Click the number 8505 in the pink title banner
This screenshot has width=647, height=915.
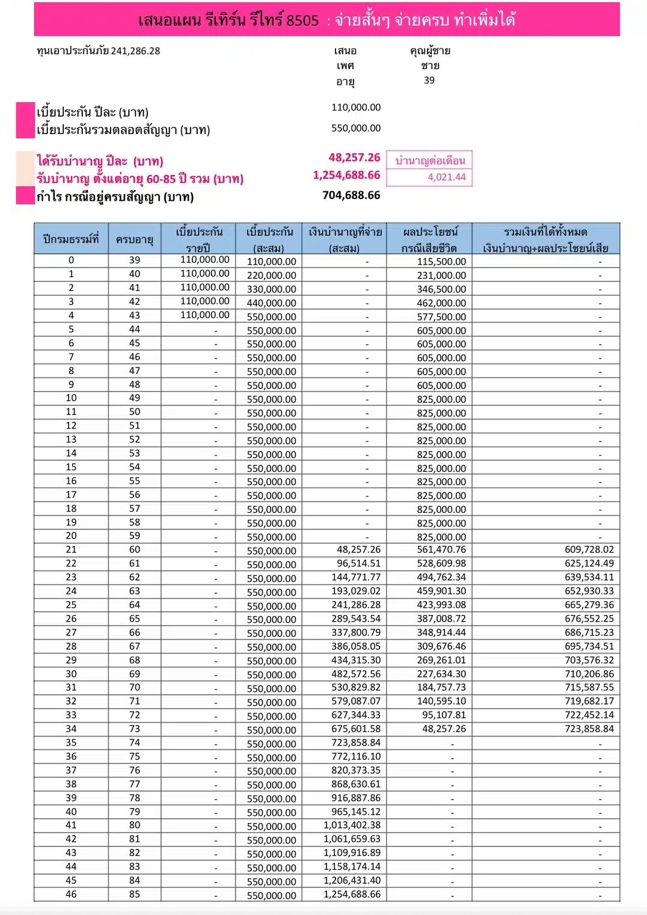(x=302, y=20)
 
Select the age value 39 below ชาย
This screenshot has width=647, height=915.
(x=429, y=80)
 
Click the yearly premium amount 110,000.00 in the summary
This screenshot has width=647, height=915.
(x=356, y=108)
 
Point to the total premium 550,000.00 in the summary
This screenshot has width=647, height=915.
(x=356, y=128)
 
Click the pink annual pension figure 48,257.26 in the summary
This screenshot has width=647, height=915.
(x=354, y=158)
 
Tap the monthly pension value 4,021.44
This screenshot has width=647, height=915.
(x=447, y=177)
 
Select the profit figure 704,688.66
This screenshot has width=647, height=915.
(x=351, y=195)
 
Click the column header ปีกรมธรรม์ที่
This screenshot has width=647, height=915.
(x=71, y=239)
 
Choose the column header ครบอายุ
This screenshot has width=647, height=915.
(x=135, y=239)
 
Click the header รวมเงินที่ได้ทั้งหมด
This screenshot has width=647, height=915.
(x=545, y=232)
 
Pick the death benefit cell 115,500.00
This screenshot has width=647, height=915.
(x=441, y=262)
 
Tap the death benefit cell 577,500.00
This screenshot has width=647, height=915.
(x=441, y=317)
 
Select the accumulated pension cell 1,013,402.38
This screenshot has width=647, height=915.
(x=352, y=825)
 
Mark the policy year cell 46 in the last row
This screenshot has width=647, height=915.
(x=71, y=894)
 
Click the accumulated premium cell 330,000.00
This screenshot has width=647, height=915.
(x=271, y=289)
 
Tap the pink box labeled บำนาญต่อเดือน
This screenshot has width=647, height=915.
(x=430, y=161)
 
